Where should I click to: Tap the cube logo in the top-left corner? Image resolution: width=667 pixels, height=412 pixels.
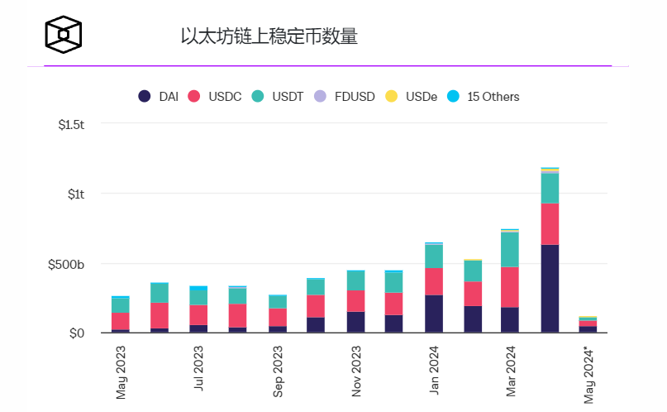64,34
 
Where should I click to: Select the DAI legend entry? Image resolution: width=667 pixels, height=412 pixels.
159,97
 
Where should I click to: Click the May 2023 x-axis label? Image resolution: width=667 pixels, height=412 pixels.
121,371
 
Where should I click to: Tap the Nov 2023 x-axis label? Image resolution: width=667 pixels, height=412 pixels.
356,371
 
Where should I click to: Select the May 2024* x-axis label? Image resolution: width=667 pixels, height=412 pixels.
590,374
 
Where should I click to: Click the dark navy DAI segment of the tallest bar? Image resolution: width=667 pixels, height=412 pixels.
550,289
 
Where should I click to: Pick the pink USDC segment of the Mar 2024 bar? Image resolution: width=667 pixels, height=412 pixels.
510,287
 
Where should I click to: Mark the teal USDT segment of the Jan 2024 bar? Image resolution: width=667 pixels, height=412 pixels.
434,256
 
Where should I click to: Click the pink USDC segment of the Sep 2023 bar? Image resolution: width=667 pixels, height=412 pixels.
278,318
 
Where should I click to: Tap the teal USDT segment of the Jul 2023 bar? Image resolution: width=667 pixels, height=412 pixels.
198,298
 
